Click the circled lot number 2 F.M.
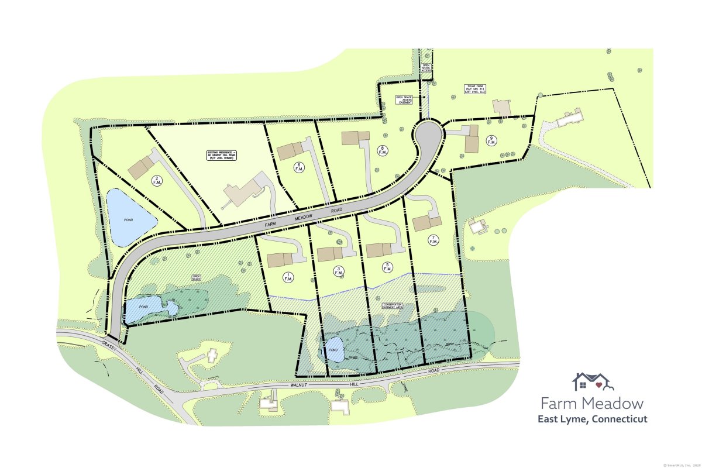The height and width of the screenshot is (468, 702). tap(156, 181)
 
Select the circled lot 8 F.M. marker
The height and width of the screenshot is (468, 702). tap(383, 150)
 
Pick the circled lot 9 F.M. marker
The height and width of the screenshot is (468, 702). tap(491, 140)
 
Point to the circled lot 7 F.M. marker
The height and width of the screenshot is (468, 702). tap(433, 240)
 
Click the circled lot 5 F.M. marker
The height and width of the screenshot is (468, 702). tap(388, 268)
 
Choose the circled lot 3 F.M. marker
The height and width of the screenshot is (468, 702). tap(338, 271)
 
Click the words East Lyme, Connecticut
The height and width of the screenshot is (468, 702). tap(592, 419)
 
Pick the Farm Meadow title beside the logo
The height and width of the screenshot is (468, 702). tap(592, 403)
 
